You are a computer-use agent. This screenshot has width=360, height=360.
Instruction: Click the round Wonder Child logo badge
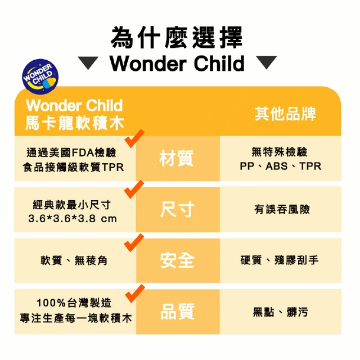tap(40, 76)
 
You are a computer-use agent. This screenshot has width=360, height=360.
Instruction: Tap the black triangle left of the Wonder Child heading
tap(88, 62)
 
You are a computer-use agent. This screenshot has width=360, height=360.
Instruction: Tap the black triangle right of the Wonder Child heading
tap(266, 62)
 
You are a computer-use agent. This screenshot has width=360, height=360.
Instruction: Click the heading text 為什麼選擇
tap(176, 38)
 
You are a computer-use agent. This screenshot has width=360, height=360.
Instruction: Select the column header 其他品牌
tap(285, 114)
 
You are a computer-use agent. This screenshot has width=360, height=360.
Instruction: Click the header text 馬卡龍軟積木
tap(75, 123)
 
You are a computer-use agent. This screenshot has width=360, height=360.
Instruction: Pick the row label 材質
tap(177, 158)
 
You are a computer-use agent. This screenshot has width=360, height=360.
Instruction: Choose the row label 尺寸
tap(177, 209)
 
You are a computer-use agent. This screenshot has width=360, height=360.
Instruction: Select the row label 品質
tap(177, 311)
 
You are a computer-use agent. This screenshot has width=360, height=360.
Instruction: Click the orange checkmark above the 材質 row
tap(134, 138)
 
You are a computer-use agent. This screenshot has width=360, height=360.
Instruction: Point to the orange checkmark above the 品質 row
tap(135, 294)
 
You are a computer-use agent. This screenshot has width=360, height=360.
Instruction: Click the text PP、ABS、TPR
tap(281, 166)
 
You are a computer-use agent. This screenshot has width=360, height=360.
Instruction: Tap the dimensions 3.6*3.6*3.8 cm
tap(73, 219)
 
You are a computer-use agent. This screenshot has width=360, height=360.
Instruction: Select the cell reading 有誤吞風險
tap(282, 209)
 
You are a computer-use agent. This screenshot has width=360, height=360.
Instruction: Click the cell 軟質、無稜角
tap(74, 260)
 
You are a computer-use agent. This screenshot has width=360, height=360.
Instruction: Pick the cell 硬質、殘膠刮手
tap(280, 260)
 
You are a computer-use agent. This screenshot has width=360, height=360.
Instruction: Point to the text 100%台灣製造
tap(74, 303)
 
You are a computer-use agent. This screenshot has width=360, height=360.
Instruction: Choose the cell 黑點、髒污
tap(280, 312)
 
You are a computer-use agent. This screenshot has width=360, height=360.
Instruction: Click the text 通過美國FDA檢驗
tap(71, 152)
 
